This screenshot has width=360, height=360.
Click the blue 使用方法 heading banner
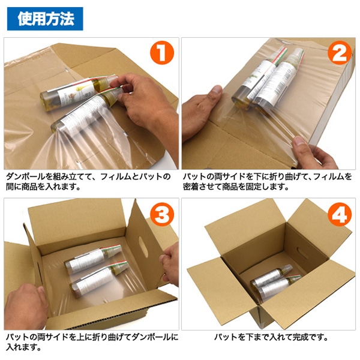(x=45, y=19)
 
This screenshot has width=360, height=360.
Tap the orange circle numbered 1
(x=162, y=53)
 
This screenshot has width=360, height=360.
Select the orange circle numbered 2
(x=340, y=53)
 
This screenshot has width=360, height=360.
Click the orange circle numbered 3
(x=162, y=214)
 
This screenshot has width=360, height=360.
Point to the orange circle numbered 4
(x=340, y=214)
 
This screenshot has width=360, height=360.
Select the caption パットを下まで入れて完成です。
(x=271, y=337)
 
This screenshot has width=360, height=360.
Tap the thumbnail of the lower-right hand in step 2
(x=299, y=140)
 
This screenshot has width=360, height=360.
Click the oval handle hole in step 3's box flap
(x=143, y=247)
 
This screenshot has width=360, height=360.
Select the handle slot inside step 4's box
(x=302, y=253)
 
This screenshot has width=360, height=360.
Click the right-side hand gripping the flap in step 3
(x=170, y=264)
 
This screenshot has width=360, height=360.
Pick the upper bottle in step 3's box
(x=93, y=259)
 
